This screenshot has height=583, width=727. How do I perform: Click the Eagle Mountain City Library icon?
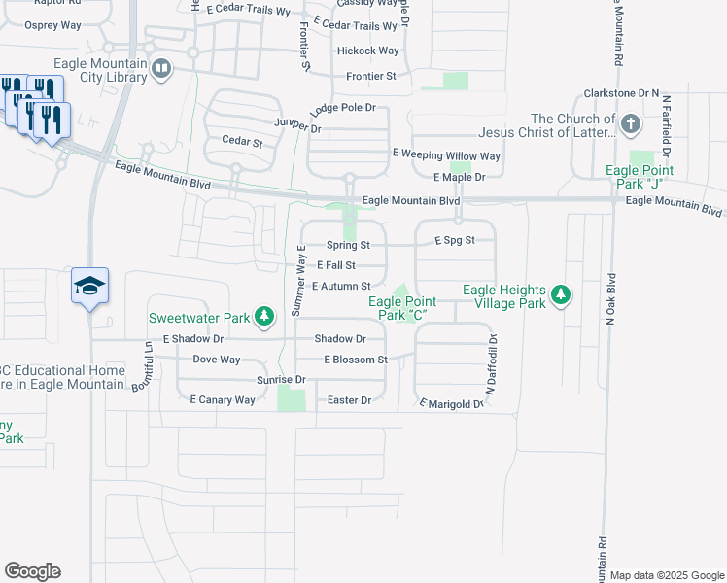[161, 68]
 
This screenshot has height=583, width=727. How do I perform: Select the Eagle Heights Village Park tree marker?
[560, 294]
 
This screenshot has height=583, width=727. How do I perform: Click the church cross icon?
[631, 123]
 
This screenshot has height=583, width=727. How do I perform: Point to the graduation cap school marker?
[89, 286]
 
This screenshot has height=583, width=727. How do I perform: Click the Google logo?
[32, 571]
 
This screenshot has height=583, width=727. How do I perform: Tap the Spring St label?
[348, 245]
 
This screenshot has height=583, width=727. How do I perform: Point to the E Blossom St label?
[356, 360]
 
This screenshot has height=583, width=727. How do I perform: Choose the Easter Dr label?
[349, 400]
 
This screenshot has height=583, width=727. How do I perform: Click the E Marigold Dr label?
[452, 403]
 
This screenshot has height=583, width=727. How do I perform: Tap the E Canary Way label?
[223, 399]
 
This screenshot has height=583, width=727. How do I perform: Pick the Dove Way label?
[216, 360]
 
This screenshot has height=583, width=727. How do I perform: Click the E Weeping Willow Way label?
[446, 155]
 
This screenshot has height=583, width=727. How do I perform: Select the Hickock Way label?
[367, 51]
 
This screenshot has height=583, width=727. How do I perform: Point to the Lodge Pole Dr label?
[342, 110]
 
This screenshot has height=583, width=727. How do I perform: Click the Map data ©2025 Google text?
[667, 575]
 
